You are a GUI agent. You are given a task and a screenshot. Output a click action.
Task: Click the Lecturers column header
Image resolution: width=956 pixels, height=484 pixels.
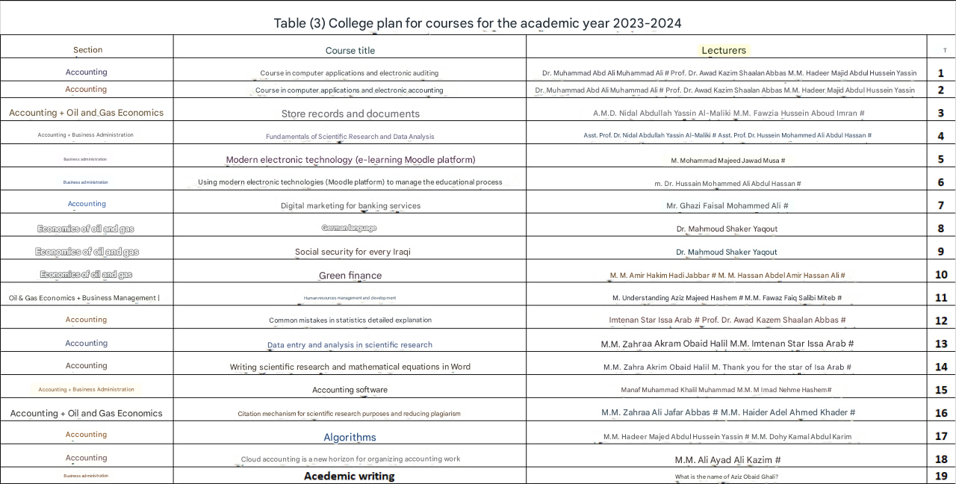click(723, 50)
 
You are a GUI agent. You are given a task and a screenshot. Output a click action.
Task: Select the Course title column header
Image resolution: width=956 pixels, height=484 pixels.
click(350, 50)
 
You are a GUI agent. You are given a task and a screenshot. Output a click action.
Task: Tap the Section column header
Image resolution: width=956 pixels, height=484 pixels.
click(87, 50)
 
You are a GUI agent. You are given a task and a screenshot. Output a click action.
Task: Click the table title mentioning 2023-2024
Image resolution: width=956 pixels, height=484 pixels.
click(477, 23)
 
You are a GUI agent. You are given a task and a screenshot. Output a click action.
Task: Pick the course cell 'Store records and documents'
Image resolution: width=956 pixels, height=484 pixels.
click(350, 114)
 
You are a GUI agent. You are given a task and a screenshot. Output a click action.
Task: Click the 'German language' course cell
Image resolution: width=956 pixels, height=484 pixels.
click(349, 228)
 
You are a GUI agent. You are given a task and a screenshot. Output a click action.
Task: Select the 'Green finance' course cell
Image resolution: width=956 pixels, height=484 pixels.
click(350, 276)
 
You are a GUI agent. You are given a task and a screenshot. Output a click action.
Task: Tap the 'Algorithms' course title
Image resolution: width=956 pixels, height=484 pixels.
click(350, 437)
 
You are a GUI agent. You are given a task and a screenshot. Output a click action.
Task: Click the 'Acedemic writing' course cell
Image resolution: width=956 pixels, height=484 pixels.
click(349, 476)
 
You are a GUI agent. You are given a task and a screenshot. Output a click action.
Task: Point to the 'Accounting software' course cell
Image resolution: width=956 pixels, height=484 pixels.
click(350, 390)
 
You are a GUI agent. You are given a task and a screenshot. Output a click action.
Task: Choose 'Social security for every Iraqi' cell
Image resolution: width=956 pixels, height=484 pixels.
click(353, 252)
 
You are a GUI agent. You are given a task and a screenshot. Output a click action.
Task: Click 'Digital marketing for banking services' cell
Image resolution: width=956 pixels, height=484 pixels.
click(350, 205)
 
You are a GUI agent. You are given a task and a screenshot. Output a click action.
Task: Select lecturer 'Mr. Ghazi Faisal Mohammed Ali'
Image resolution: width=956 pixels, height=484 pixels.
click(727, 205)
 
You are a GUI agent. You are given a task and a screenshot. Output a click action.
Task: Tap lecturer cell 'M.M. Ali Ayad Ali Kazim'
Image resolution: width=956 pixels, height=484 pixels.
click(727, 460)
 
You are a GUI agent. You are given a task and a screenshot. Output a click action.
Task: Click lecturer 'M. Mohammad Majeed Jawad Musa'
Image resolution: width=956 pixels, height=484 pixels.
click(727, 161)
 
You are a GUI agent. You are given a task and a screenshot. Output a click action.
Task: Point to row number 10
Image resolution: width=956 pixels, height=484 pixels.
click(941, 275)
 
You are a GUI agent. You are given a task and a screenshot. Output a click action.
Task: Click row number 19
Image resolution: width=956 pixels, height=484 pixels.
click(941, 476)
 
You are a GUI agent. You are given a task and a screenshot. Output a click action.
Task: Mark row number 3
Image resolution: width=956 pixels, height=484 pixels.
click(941, 114)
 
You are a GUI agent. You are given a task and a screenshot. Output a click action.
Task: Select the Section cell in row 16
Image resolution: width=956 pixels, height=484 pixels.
click(86, 413)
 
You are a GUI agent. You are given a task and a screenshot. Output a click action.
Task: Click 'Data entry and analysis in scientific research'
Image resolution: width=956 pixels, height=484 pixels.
click(350, 345)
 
